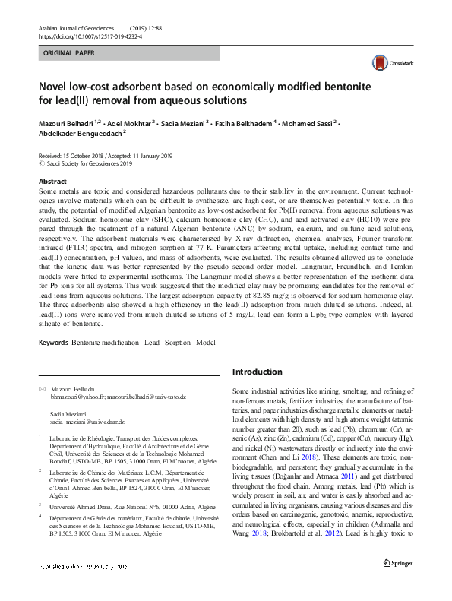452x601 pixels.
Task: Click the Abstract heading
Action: tap(52, 182)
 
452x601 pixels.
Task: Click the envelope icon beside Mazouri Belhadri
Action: tap(43, 389)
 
